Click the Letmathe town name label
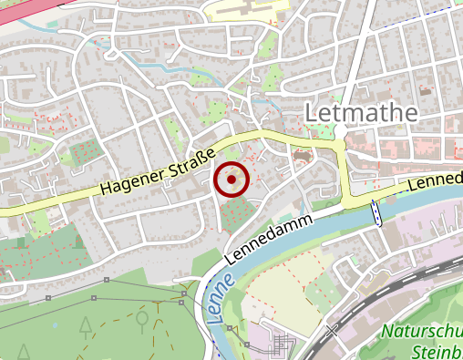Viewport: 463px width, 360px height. coord(362,112)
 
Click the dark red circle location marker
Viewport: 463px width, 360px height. coord(231,180)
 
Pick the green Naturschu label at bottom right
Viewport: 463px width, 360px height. coord(422,333)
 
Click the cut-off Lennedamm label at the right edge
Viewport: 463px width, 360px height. coord(435,180)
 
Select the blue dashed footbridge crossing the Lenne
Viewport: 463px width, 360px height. coord(376,213)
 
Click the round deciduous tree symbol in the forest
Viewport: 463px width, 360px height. coord(142,318)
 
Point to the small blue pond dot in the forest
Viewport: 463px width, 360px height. coord(55,324)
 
